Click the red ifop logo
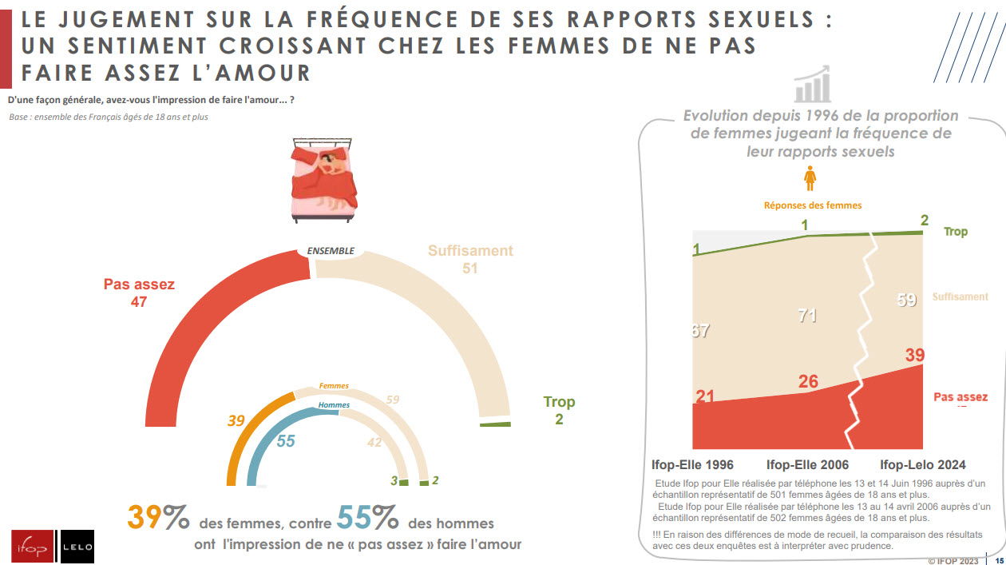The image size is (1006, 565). [32, 547]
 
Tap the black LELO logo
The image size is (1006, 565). [77, 547]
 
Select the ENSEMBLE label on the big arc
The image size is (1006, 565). [331, 251]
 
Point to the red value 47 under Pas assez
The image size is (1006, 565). [139, 302]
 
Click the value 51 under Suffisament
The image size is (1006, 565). [469, 269]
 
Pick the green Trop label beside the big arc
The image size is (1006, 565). [559, 402]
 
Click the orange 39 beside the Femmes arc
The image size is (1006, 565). [236, 420]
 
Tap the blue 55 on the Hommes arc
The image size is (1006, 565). [286, 440]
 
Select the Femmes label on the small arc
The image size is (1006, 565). [334, 386]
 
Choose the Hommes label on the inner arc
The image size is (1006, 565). [334, 405]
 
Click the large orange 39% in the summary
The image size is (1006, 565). [158, 519]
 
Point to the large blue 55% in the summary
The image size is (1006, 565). [367, 519]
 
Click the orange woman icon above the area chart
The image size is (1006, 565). [811, 178]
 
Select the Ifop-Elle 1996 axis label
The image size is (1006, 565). [692, 464]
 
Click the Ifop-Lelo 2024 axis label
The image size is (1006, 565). [922, 464]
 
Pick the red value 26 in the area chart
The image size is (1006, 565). [808, 382]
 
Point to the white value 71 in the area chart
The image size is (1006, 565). [807, 316]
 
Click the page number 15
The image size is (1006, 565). [998, 560]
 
